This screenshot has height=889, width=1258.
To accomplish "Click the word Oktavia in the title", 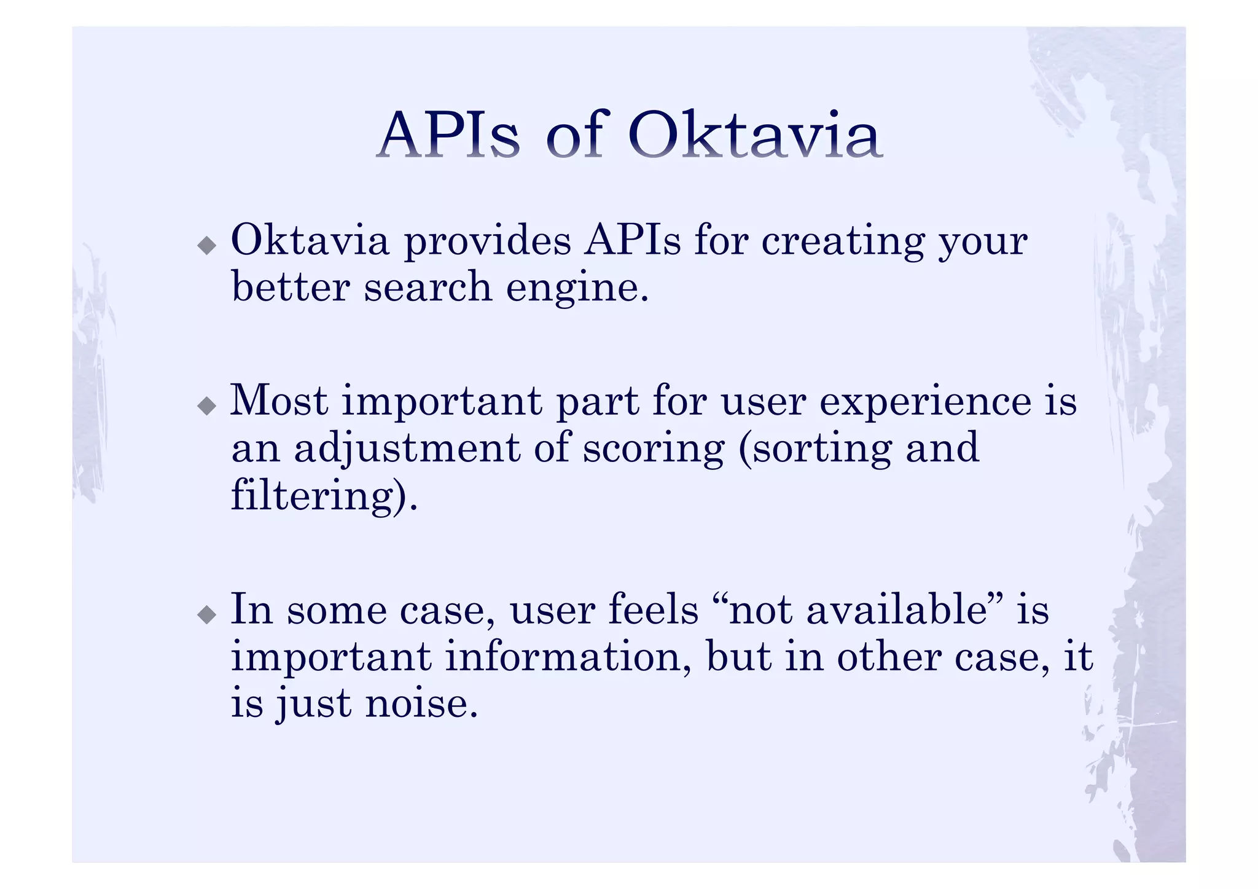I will (x=754, y=135).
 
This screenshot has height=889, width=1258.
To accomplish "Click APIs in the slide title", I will (x=448, y=135).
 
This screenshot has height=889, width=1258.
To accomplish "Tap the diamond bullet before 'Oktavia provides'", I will (x=207, y=246).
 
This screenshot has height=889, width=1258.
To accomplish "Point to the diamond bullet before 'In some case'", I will (x=207, y=614).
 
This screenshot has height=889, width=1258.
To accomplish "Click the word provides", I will (x=487, y=241).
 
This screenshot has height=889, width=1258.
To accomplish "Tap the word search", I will (x=428, y=287).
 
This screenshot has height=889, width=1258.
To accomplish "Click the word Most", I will (x=278, y=401).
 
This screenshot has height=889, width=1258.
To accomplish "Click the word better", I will (x=290, y=287).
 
